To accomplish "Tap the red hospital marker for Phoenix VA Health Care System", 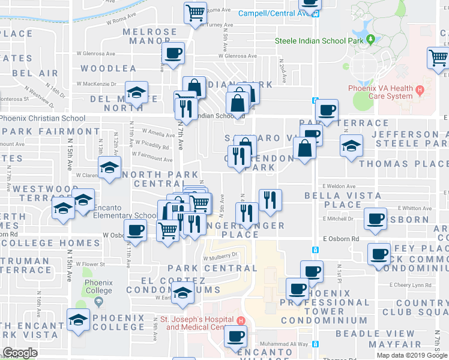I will tap(420, 92).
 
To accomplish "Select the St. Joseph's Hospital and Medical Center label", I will tap(199, 323).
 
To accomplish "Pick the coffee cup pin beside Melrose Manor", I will tap(173, 53).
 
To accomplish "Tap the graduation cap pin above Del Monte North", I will tap(137, 92).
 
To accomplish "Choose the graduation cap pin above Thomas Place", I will tap(351, 146).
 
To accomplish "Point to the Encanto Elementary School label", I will tap(125, 216).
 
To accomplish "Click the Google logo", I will tap(20, 353).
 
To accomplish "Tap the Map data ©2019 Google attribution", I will tap(412, 355).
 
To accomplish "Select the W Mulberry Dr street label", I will tap(220, 255).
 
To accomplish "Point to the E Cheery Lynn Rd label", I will tap(410, 285).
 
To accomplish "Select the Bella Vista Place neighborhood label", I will tap(342, 200).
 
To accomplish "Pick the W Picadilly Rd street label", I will tap(152, 145).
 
